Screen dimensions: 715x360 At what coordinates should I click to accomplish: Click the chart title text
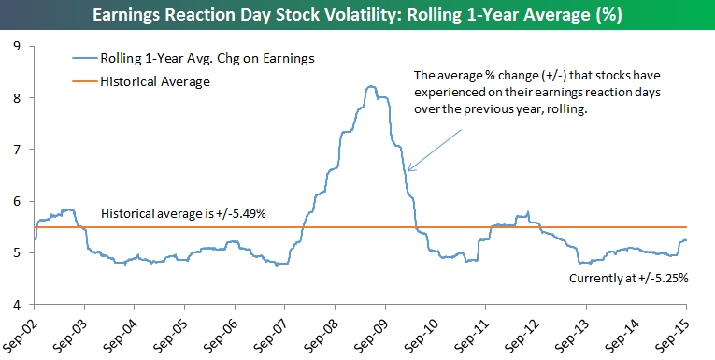(x=357, y=15)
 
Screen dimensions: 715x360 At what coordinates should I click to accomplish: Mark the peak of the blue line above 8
(x=372, y=86)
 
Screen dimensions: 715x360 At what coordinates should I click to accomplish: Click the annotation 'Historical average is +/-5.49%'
(x=183, y=213)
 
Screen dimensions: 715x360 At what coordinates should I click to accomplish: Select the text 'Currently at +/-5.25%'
(x=628, y=279)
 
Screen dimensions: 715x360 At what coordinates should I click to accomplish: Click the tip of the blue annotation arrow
(x=408, y=171)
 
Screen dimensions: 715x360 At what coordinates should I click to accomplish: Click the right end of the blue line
(x=686, y=240)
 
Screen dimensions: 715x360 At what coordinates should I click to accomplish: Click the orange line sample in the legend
(x=84, y=82)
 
